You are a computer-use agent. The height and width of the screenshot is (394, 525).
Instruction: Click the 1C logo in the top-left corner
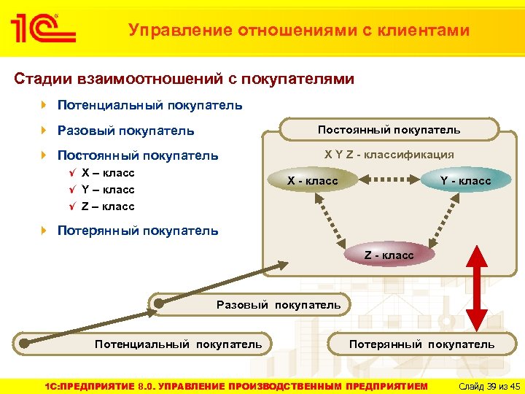[42, 28]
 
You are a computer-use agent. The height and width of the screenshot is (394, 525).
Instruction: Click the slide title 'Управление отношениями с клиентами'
[299, 30]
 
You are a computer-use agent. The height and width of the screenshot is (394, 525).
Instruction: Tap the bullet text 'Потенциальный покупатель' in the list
[149, 106]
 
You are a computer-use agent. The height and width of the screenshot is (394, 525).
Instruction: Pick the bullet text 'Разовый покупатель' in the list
[125, 131]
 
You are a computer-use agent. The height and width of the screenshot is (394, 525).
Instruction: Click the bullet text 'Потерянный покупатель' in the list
[137, 231]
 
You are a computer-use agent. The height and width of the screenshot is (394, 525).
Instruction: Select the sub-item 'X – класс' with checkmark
[108, 173]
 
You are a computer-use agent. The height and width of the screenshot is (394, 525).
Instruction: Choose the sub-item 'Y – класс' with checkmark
[108, 190]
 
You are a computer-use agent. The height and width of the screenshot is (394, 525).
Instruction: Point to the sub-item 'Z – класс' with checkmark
[108, 206]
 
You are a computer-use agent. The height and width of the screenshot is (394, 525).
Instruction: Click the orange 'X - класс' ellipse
[312, 180]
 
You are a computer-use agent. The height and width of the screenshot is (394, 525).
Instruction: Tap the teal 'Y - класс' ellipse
[465, 180]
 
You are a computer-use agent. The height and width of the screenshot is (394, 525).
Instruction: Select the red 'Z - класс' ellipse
[389, 255]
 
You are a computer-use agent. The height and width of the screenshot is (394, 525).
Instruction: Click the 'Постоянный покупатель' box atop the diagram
[389, 130]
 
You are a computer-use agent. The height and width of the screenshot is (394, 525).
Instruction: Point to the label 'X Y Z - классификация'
[389, 154]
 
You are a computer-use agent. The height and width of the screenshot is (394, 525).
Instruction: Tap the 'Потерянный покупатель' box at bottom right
[421, 344]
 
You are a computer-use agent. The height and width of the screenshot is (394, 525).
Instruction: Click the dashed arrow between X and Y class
[389, 179]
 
